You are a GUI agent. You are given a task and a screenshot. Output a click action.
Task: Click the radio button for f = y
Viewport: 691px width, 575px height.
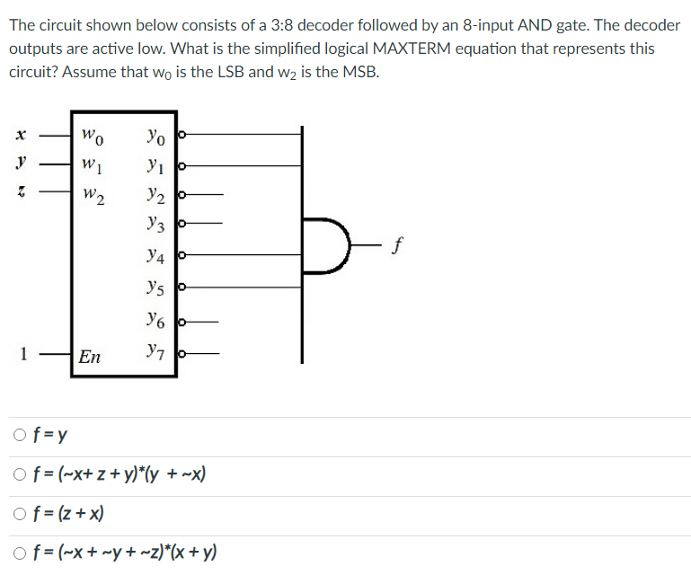pyautogui.click(x=20, y=438)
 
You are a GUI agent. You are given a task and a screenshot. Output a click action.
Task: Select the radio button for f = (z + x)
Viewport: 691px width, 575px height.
pyautogui.click(x=20, y=515)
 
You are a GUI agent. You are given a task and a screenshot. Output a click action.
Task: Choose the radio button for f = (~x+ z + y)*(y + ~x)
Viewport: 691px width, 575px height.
pyautogui.click(x=20, y=476)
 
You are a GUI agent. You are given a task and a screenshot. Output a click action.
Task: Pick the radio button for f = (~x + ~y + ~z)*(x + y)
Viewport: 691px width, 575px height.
pyautogui.click(x=20, y=553)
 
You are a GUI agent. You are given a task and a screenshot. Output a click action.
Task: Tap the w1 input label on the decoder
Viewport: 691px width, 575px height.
pyautogui.click(x=91, y=165)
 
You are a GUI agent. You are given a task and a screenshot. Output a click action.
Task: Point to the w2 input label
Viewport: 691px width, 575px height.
pyautogui.click(x=93, y=194)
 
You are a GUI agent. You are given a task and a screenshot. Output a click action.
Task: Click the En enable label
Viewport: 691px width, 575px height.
pyautogui.click(x=89, y=357)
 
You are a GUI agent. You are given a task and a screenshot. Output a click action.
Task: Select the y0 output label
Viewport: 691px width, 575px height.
pyautogui.click(x=155, y=137)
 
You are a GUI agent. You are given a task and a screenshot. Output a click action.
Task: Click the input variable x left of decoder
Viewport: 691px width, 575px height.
pyautogui.click(x=19, y=137)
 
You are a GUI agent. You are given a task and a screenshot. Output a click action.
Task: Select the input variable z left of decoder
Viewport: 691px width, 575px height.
pyautogui.click(x=20, y=191)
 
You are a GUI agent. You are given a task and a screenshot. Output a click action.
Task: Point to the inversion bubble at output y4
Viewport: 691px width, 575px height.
pyautogui.click(x=182, y=256)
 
